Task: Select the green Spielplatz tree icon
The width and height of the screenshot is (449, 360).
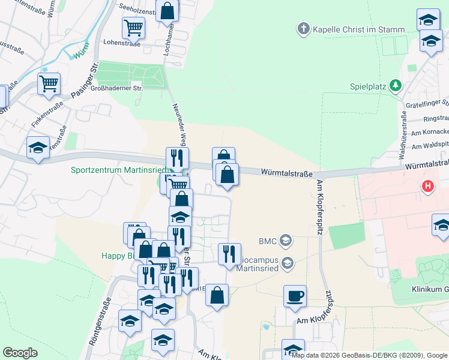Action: click(395, 86)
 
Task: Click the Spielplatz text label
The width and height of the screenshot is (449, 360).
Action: click(368, 86)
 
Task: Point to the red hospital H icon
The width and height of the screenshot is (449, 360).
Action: click(427, 187)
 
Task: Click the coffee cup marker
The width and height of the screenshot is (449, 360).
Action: click(295, 296)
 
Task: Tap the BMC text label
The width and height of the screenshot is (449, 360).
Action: click(267, 241)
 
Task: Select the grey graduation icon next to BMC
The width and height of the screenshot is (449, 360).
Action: click(285, 241)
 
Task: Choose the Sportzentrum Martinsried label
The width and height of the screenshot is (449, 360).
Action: click(118, 170)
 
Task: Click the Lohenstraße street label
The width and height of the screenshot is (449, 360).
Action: click(122, 43)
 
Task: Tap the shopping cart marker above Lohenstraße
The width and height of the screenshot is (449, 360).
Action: click(133, 27)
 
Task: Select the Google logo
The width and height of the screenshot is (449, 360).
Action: click(20, 353)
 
